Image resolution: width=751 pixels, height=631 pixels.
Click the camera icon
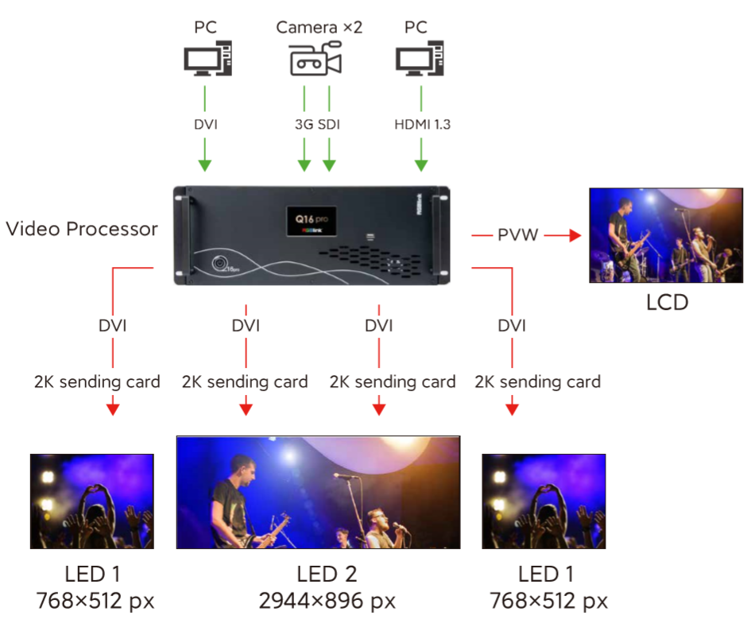click(315, 59)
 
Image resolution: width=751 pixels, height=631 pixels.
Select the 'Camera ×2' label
click(319, 27)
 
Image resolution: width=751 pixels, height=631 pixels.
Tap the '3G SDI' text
click(317, 125)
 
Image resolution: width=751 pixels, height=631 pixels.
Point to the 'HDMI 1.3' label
click(422, 125)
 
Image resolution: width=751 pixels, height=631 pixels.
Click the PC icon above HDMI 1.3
click(420, 59)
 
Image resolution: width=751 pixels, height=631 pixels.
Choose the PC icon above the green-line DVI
click(208, 59)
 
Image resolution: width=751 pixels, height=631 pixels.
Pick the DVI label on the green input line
click(206, 125)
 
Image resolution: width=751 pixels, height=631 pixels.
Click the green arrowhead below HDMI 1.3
click(421, 165)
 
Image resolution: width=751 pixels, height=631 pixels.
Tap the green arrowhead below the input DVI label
click(205, 165)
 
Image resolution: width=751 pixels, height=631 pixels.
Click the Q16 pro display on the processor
click(312, 222)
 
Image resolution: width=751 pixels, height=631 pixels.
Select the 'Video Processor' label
click(81, 229)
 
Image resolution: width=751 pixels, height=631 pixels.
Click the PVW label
click(517, 235)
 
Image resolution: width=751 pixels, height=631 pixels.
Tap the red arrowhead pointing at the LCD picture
click(575, 235)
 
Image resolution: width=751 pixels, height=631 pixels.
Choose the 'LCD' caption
click(668, 302)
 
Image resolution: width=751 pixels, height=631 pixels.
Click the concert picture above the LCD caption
click(666, 235)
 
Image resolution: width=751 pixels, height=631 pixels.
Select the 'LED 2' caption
click(327, 574)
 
